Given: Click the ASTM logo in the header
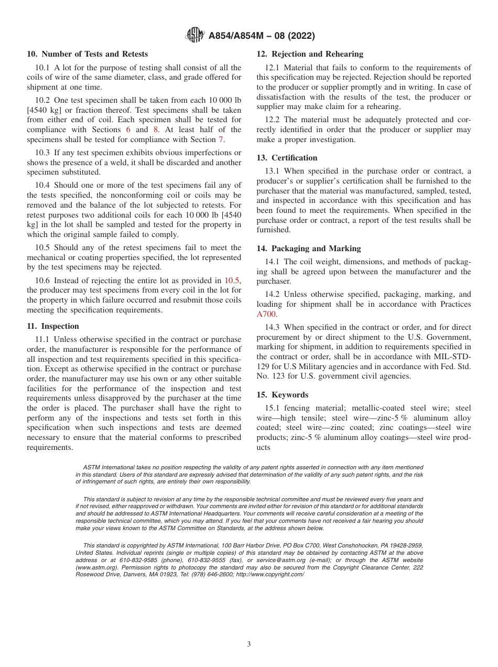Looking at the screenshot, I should pyautogui.click(x=195, y=36).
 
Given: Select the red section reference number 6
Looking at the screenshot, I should pyautogui.click(x=128, y=130).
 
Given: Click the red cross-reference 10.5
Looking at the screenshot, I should pyautogui.click(x=232, y=281).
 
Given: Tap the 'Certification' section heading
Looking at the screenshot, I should pyautogui.click(x=294, y=158).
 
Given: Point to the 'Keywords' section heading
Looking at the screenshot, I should pyautogui.click(x=290, y=395).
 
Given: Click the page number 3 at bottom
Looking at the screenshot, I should pyautogui.click(x=249, y=644).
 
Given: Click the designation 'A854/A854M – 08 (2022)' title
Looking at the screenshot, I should pyautogui.click(x=262, y=36).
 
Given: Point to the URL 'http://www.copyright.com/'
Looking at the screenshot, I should pyautogui.click(x=270, y=574).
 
